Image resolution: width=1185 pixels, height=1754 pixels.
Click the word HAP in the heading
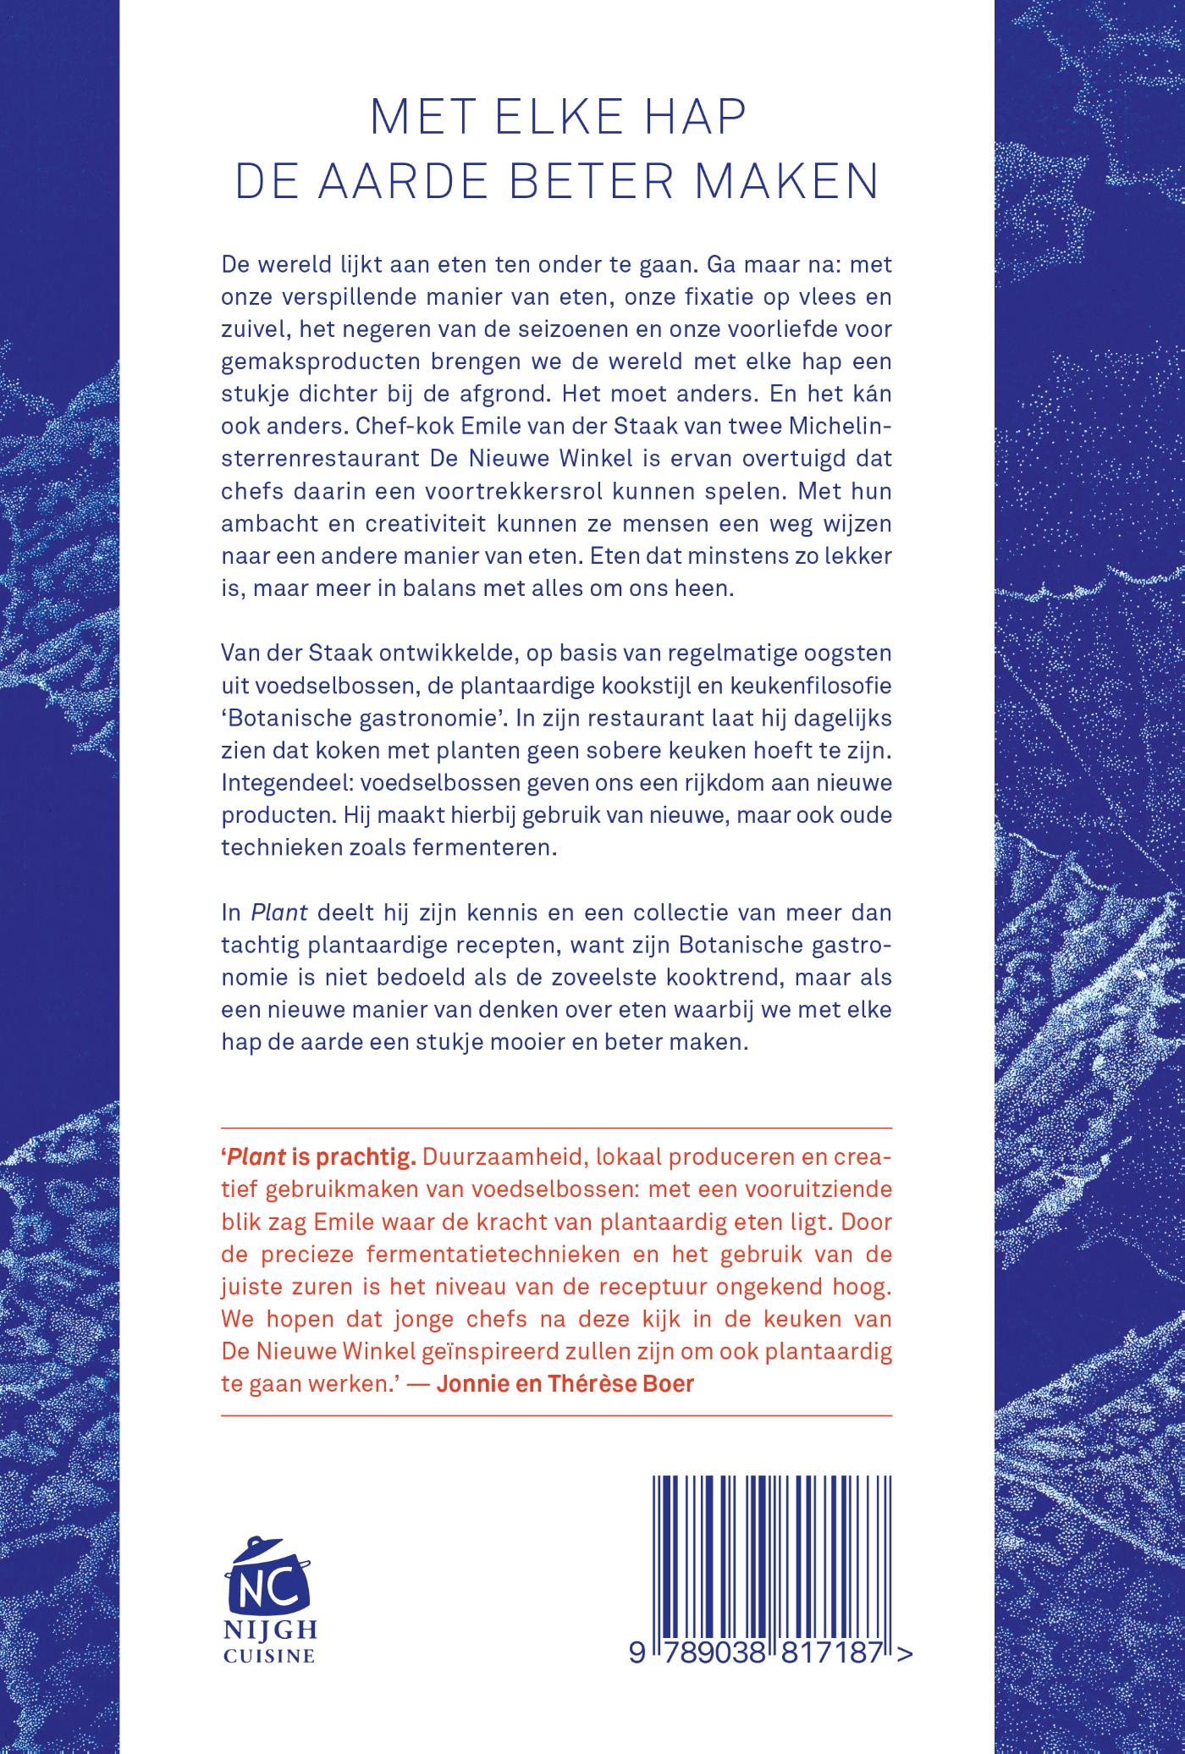point(691,120)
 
